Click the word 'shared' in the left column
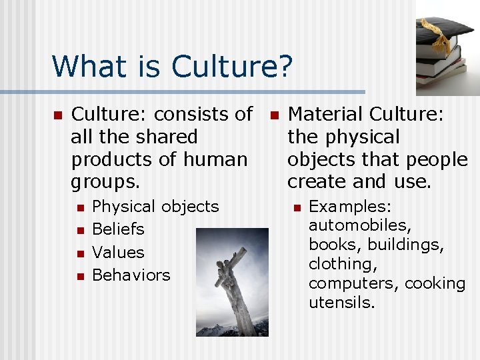click(166, 137)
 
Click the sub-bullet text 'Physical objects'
click(155, 207)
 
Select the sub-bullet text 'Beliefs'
click(118, 229)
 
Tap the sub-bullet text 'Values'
click(118, 253)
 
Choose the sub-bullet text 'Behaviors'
click(131, 275)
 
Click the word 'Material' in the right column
click(325, 115)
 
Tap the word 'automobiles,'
click(360, 225)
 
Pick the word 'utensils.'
click(342, 303)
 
